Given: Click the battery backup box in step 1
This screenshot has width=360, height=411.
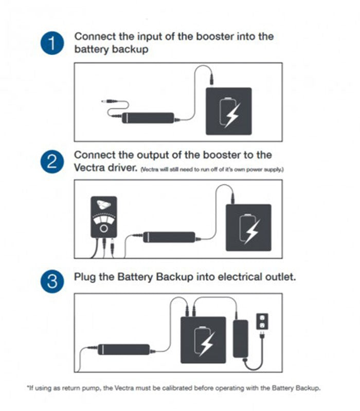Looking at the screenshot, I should pos(229,111).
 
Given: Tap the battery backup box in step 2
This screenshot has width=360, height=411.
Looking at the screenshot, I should pos(249,228).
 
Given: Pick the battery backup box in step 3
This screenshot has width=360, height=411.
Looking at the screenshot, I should pos(203,340).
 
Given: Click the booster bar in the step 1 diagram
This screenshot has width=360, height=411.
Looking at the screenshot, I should pos(150,118).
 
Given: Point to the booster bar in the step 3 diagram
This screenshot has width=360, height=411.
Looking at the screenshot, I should pos(123,349).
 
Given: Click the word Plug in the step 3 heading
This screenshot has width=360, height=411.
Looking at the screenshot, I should pos(85,277).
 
